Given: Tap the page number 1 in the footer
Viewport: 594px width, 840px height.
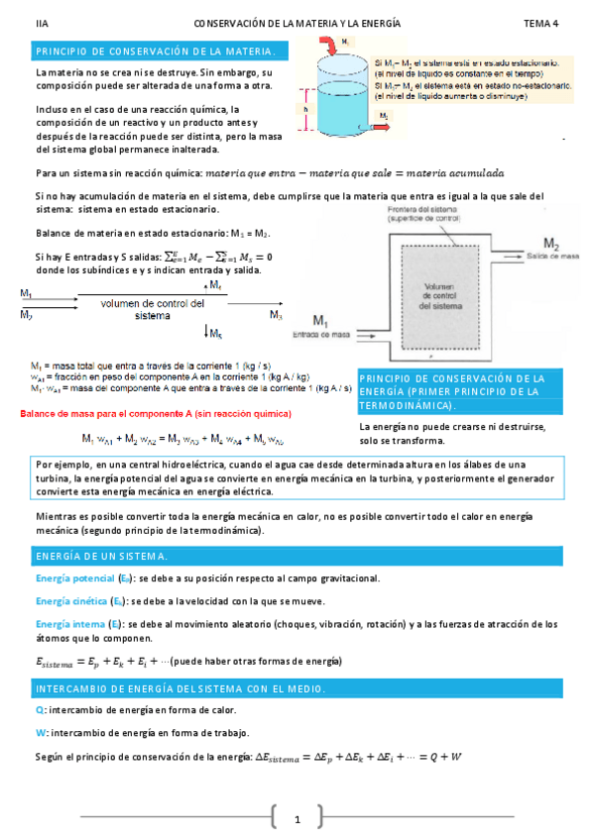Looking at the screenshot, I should point(297,819).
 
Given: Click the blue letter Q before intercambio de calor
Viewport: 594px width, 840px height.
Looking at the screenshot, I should point(39,709).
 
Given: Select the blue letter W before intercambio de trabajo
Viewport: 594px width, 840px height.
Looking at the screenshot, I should point(39,732).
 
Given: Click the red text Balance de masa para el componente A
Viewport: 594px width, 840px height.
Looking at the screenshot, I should point(138,412).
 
